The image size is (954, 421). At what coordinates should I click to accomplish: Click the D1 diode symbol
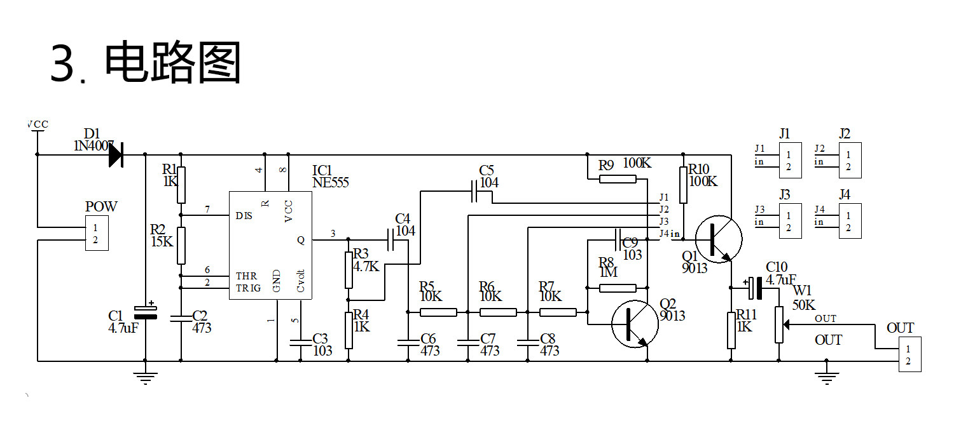pos(116,155)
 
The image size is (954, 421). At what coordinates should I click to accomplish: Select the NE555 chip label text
pos(331,182)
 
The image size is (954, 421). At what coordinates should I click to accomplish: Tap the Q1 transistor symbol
pos(719,239)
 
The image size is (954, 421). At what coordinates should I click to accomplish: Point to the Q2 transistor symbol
pos(635,324)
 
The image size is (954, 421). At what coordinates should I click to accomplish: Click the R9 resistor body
pos(618,179)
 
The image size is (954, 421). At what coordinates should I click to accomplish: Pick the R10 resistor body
pos(683,185)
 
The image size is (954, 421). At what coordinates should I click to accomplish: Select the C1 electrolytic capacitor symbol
pos(146,312)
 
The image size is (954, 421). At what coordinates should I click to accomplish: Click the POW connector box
pos(97,233)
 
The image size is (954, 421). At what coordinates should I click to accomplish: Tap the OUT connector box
pos(909,354)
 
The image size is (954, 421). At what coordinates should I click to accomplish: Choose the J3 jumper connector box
pos(790,221)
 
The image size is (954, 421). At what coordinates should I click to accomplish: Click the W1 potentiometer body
pos(779,324)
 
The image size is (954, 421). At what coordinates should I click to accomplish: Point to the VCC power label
pos(38,124)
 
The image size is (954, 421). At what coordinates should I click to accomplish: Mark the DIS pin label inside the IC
pos(244,216)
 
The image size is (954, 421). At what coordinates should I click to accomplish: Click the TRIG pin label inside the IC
pos(248,288)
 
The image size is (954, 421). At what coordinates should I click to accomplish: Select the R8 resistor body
pos(618,288)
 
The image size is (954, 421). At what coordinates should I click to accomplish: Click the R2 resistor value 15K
pos(162,241)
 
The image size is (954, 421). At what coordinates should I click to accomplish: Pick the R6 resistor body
pos(498,312)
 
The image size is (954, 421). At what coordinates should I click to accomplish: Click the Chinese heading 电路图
pos(172,62)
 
